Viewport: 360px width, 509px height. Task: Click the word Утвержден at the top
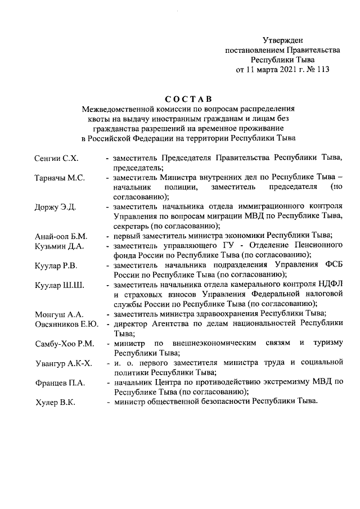283,40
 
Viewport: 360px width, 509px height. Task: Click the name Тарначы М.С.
60,178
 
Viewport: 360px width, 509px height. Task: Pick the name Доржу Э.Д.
56,207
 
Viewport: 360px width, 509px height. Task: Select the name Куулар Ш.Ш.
59,286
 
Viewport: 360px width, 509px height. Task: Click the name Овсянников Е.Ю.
67,324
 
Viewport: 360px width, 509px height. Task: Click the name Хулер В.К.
55,403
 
